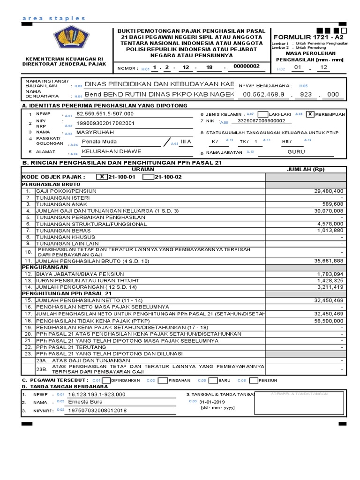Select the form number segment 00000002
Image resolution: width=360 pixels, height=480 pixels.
click(x=246, y=67)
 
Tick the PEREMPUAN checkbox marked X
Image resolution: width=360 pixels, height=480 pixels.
click(x=310, y=114)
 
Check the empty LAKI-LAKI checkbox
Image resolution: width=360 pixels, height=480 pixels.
click(x=263, y=114)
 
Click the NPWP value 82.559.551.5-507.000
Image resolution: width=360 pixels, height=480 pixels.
click(x=105, y=113)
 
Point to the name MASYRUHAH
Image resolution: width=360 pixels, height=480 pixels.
click(x=95, y=133)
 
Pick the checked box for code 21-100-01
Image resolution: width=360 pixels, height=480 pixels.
click(x=102, y=177)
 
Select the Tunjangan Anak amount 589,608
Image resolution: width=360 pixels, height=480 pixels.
click(x=334, y=204)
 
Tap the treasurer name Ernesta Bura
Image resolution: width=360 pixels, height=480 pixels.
click(x=85, y=402)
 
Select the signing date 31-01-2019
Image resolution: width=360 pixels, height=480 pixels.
click(x=212, y=402)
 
